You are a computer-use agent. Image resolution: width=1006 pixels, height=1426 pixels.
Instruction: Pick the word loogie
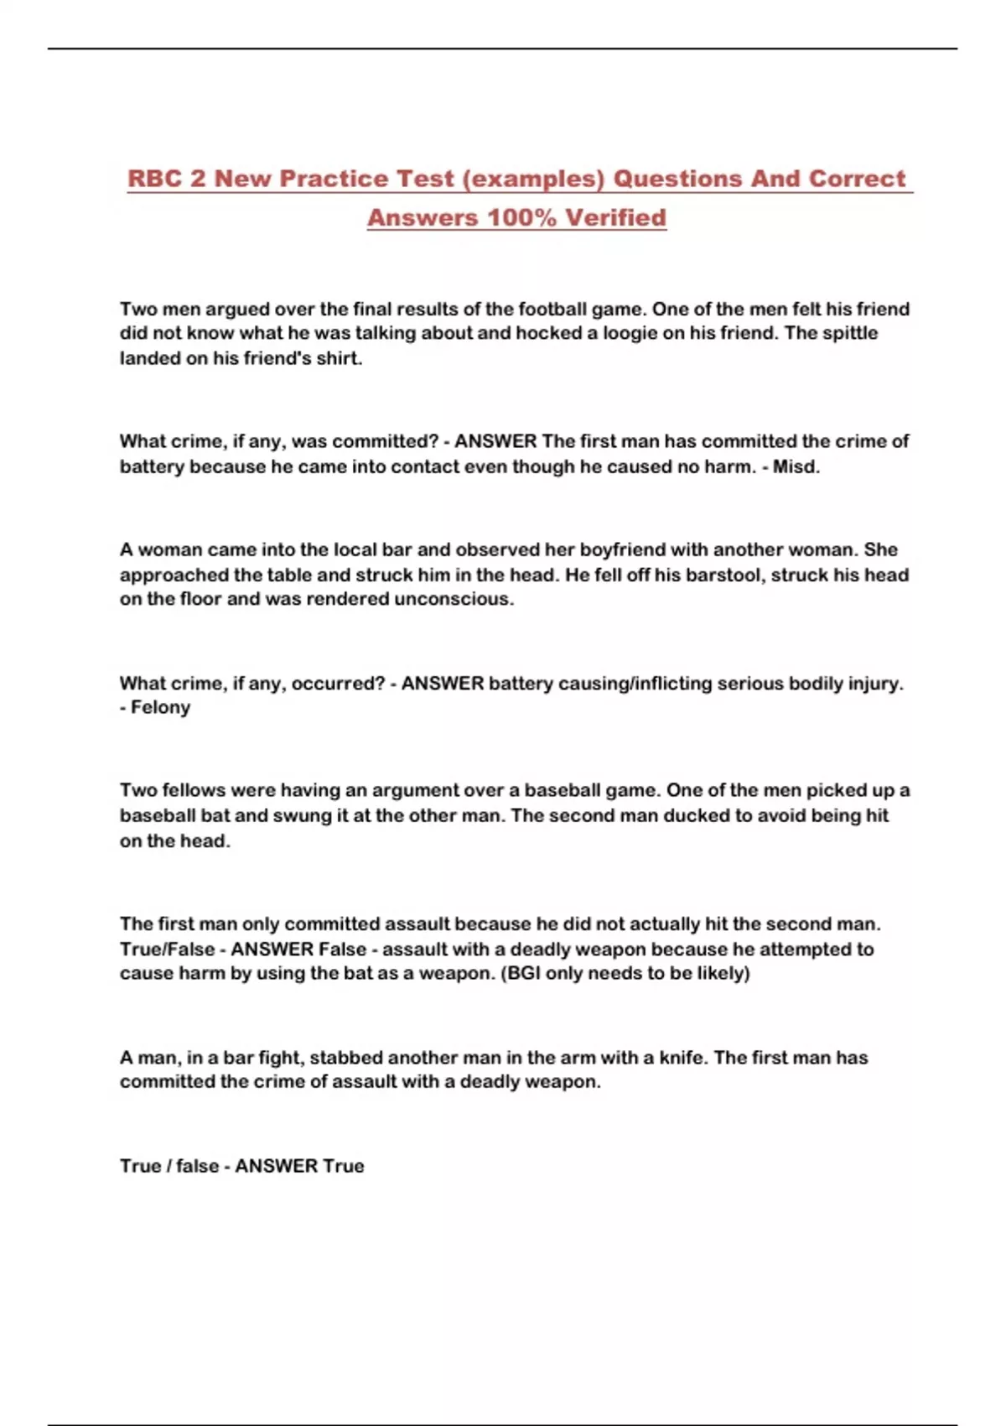click(x=630, y=333)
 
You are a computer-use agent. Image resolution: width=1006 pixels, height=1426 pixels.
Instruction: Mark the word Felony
click(x=160, y=707)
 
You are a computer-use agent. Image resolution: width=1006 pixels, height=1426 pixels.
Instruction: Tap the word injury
click(x=875, y=683)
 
